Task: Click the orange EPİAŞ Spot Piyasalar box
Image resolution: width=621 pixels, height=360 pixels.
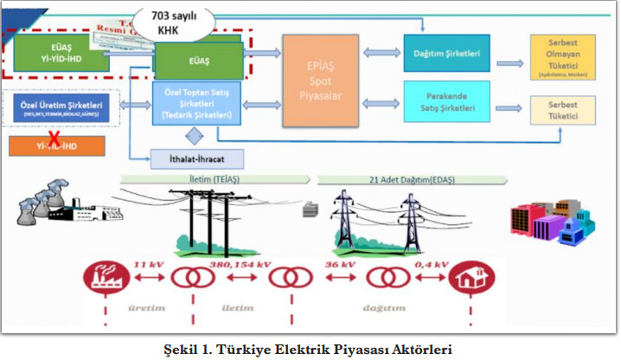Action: [320, 81]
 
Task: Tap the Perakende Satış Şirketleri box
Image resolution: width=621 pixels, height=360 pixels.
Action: [446, 101]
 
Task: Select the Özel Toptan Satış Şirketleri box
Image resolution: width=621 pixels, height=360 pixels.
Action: [195, 103]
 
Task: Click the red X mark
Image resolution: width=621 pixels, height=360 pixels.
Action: [53, 138]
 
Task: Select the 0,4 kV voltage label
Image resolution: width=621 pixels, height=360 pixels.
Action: [429, 263]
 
